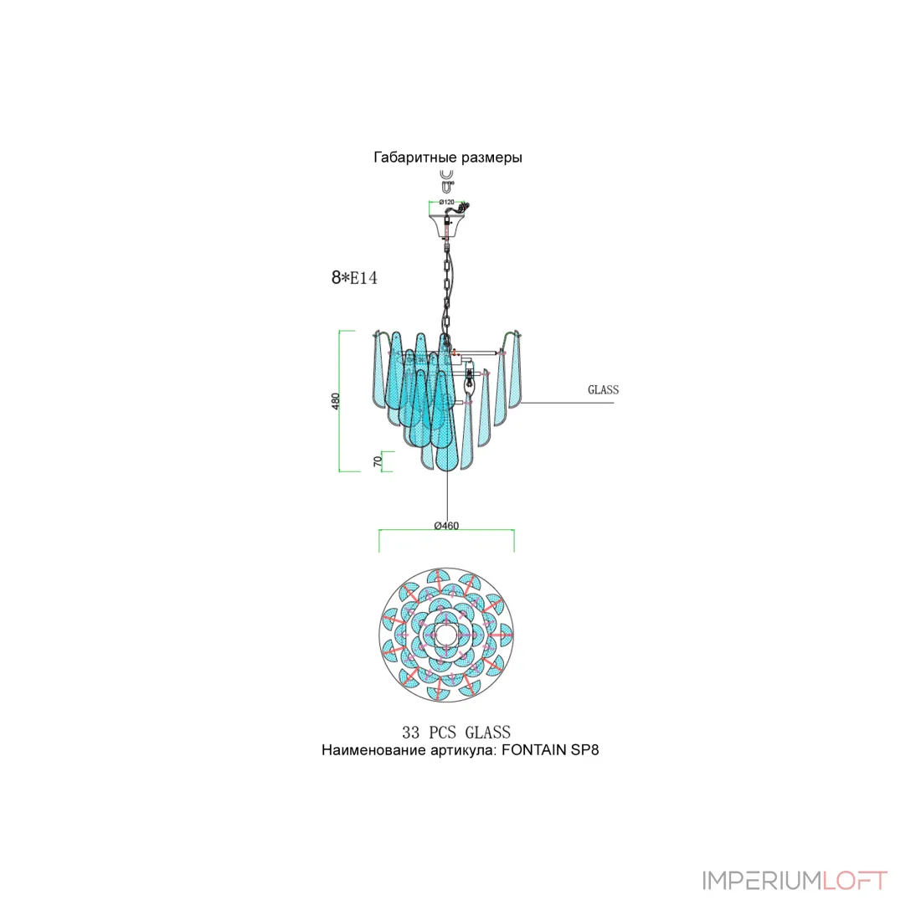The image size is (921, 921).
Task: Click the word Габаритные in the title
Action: click(414, 157)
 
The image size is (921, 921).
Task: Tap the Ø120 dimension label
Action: click(446, 202)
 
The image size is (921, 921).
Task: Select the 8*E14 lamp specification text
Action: click(354, 277)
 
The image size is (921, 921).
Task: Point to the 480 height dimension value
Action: click(336, 401)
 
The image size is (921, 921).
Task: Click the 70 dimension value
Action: click(378, 461)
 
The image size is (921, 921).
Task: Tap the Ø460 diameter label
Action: click(446, 526)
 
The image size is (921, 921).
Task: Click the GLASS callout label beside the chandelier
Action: click(603, 389)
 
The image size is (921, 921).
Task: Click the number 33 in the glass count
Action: click(410, 733)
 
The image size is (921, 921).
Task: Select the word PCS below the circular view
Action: click(442, 733)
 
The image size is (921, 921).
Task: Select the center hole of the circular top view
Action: click(445, 635)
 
